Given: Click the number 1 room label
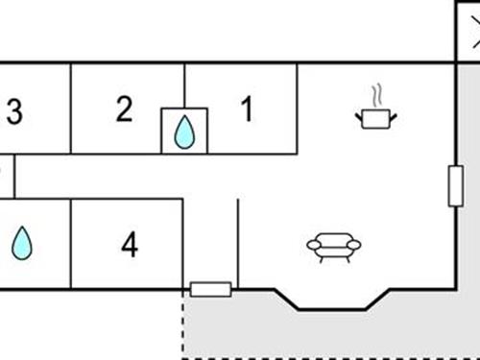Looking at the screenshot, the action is [x=247, y=110].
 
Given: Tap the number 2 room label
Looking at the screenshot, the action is [x=124, y=109].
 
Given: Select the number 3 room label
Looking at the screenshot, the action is [x=13, y=112].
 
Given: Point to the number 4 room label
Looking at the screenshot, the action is [x=130, y=246].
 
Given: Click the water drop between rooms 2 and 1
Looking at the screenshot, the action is [x=183, y=132].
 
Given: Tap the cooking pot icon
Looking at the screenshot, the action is [x=376, y=116].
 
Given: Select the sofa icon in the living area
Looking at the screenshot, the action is [x=333, y=247].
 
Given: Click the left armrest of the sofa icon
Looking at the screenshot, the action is [x=313, y=246].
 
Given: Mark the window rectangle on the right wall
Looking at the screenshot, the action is [x=455, y=185].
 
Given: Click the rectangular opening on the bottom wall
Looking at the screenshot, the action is [x=210, y=289].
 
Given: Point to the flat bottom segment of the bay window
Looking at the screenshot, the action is [x=331, y=309].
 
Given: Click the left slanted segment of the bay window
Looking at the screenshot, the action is [x=287, y=299].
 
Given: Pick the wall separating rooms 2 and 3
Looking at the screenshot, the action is [x=71, y=108].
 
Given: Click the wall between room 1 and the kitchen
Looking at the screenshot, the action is [x=298, y=108].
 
